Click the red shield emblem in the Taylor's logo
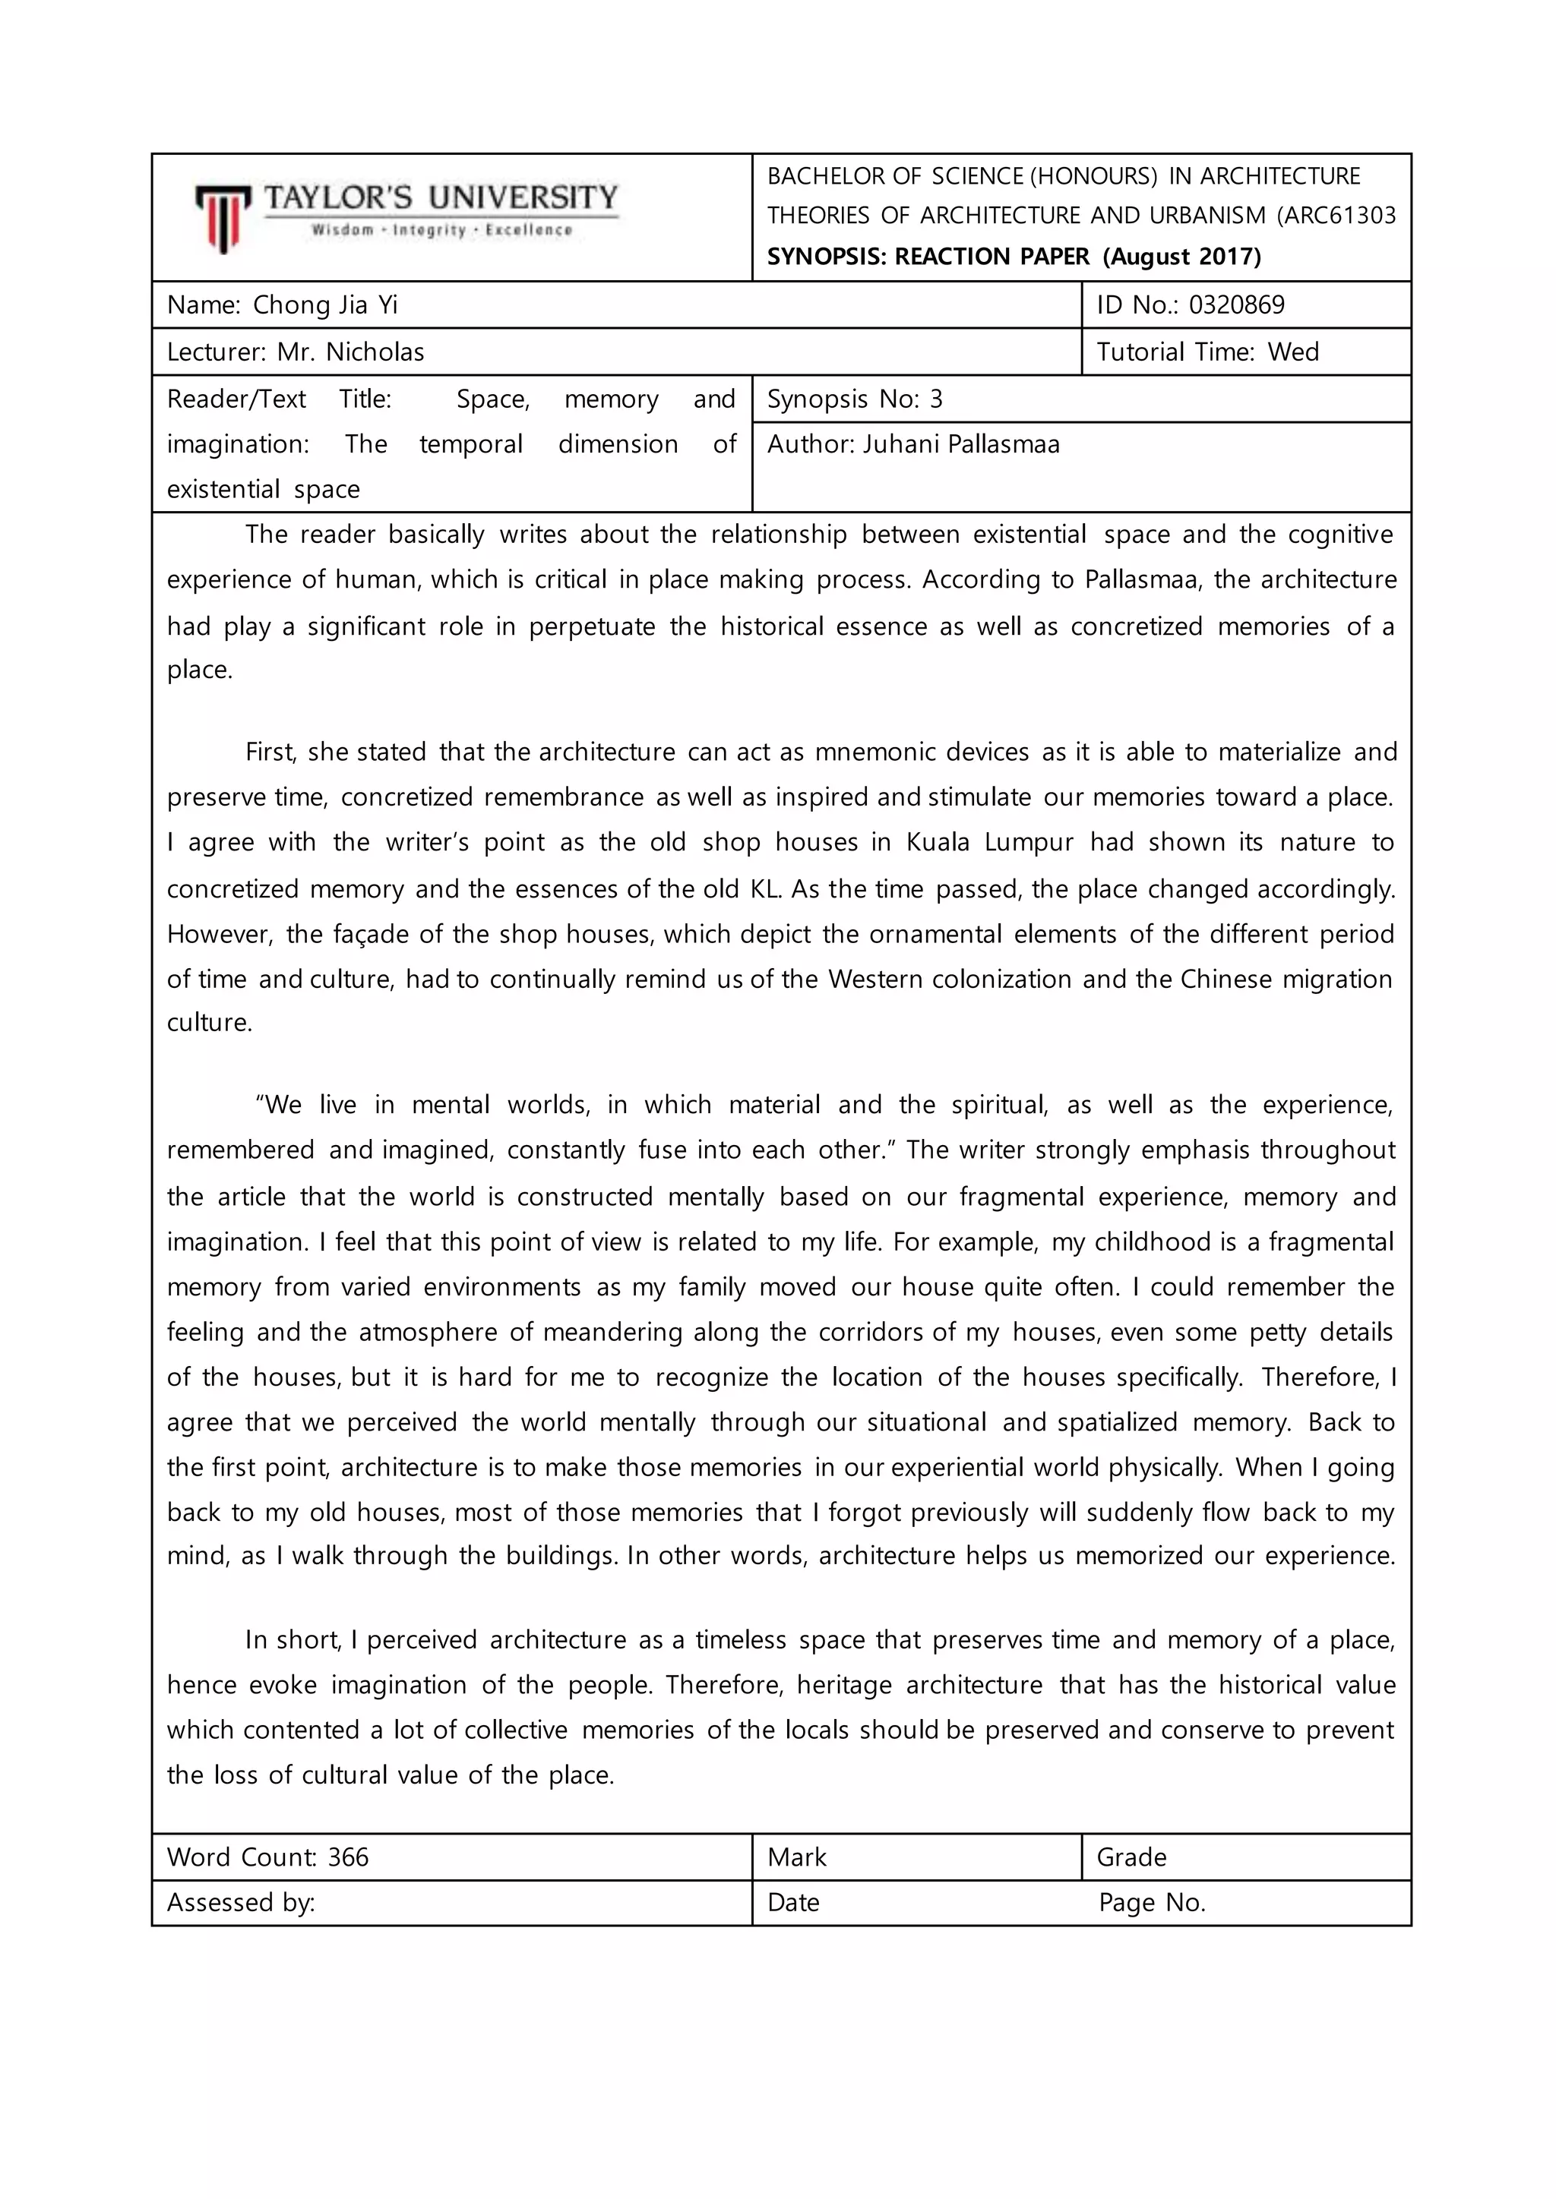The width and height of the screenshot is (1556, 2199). click(223, 219)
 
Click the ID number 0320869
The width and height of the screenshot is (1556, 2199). click(1236, 305)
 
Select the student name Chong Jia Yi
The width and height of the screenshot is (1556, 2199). click(325, 305)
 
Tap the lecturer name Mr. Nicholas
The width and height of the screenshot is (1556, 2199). click(351, 352)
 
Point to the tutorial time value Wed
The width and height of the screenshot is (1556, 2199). click(1292, 352)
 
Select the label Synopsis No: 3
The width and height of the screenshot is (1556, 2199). click(855, 399)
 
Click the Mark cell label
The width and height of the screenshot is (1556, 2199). click(796, 1857)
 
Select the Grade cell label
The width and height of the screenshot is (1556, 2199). click(1131, 1857)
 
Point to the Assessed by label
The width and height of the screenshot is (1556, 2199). click(241, 1902)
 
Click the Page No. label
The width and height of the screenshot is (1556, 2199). click(1152, 1902)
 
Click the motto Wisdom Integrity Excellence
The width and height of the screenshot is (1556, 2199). click(441, 231)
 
